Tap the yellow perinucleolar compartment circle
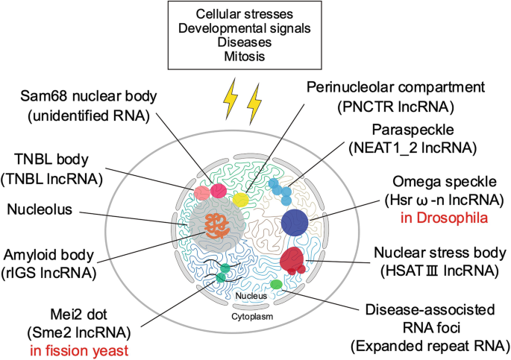point(240,198)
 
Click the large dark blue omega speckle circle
point(297,221)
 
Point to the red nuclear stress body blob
point(292,259)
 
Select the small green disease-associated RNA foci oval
point(276,284)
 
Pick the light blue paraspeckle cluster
point(281,189)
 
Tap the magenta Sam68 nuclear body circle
point(218,192)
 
